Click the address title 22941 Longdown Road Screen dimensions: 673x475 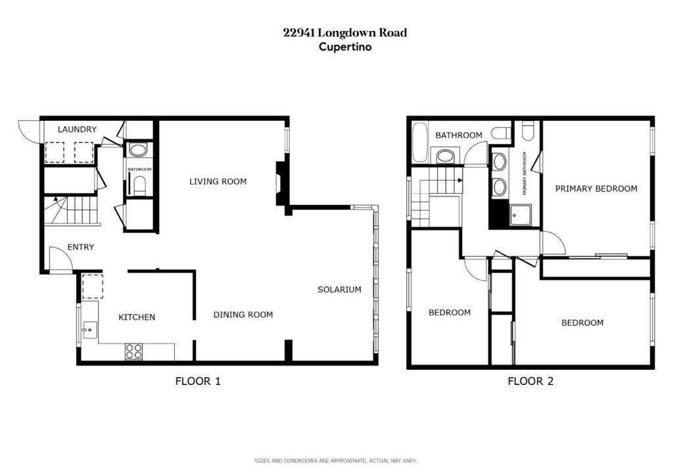(x=345, y=33)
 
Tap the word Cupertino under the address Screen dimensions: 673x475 (x=345, y=47)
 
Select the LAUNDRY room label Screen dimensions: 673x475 (x=78, y=129)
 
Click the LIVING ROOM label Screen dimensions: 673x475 (x=218, y=181)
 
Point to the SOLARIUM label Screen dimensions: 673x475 (x=340, y=290)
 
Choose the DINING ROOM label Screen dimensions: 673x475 (x=243, y=315)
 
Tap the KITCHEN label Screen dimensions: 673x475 (x=137, y=317)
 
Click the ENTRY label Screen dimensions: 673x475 (x=81, y=247)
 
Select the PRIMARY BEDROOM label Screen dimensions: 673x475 (x=596, y=189)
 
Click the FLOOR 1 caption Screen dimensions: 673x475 (x=198, y=381)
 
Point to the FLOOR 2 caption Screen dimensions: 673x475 (x=530, y=381)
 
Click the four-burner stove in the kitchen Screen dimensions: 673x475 (x=133, y=351)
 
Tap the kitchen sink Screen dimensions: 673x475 (x=90, y=330)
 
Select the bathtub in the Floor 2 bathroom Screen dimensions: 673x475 (x=420, y=142)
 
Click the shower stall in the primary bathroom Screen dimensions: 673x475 (x=521, y=215)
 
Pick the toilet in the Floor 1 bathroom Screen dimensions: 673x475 (x=140, y=185)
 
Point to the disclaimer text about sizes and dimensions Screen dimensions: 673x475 (x=336, y=461)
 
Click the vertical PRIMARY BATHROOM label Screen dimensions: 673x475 (x=524, y=173)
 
